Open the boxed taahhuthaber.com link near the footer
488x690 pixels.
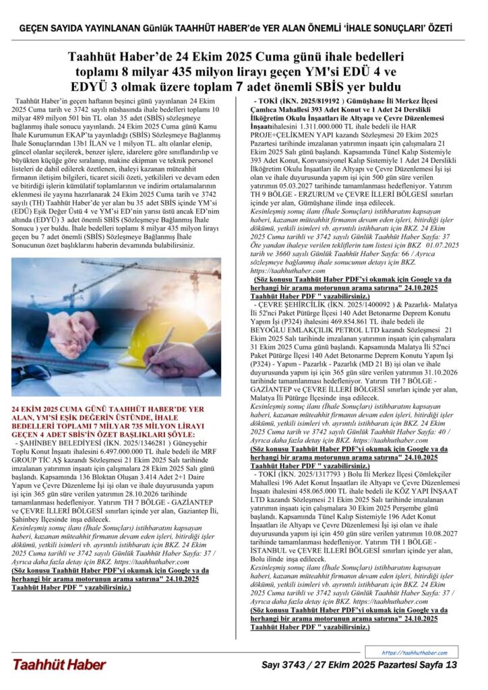coord(414,652)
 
